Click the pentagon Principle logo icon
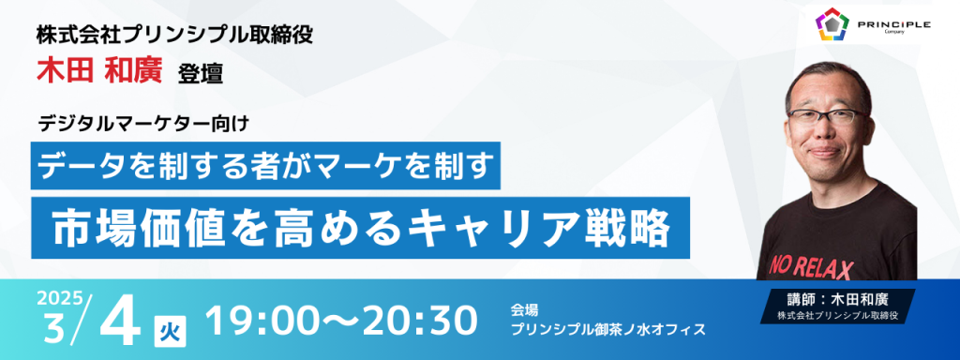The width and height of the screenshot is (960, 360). tap(832, 23)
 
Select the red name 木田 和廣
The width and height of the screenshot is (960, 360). tap(99, 71)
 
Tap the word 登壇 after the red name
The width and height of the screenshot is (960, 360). tap(201, 74)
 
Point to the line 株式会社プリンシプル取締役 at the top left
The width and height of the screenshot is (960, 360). tap(174, 36)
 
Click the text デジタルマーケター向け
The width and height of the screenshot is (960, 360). tap(143, 125)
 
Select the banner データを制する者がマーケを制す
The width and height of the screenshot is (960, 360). tap(265, 165)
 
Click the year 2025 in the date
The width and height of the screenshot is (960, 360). tap(59, 299)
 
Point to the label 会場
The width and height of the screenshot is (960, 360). tap(525, 310)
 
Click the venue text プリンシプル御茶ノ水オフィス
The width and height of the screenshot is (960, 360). tap(608, 329)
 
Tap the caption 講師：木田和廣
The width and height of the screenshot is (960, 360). tap(837, 300)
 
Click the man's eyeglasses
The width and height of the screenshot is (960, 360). tap(828, 116)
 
